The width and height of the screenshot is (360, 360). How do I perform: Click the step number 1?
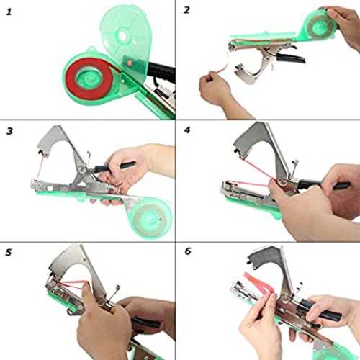[x=9, y=12]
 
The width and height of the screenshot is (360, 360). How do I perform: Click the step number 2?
[x=186, y=10]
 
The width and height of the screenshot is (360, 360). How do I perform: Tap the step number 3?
[x=9, y=131]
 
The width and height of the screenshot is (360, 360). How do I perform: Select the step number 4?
[x=187, y=130]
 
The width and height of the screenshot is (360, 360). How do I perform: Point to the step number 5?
[x=9, y=252]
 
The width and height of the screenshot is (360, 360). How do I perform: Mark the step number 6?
[x=188, y=251]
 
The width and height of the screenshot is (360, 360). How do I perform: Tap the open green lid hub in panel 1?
[x=122, y=36]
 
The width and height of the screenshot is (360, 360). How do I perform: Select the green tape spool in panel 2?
[x=319, y=25]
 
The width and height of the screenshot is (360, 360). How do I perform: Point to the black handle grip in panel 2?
[x=291, y=58]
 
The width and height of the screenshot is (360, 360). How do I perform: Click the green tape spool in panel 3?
[x=151, y=217]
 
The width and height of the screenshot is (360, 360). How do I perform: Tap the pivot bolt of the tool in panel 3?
[x=82, y=170]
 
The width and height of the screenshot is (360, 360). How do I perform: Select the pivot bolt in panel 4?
[x=282, y=182]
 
